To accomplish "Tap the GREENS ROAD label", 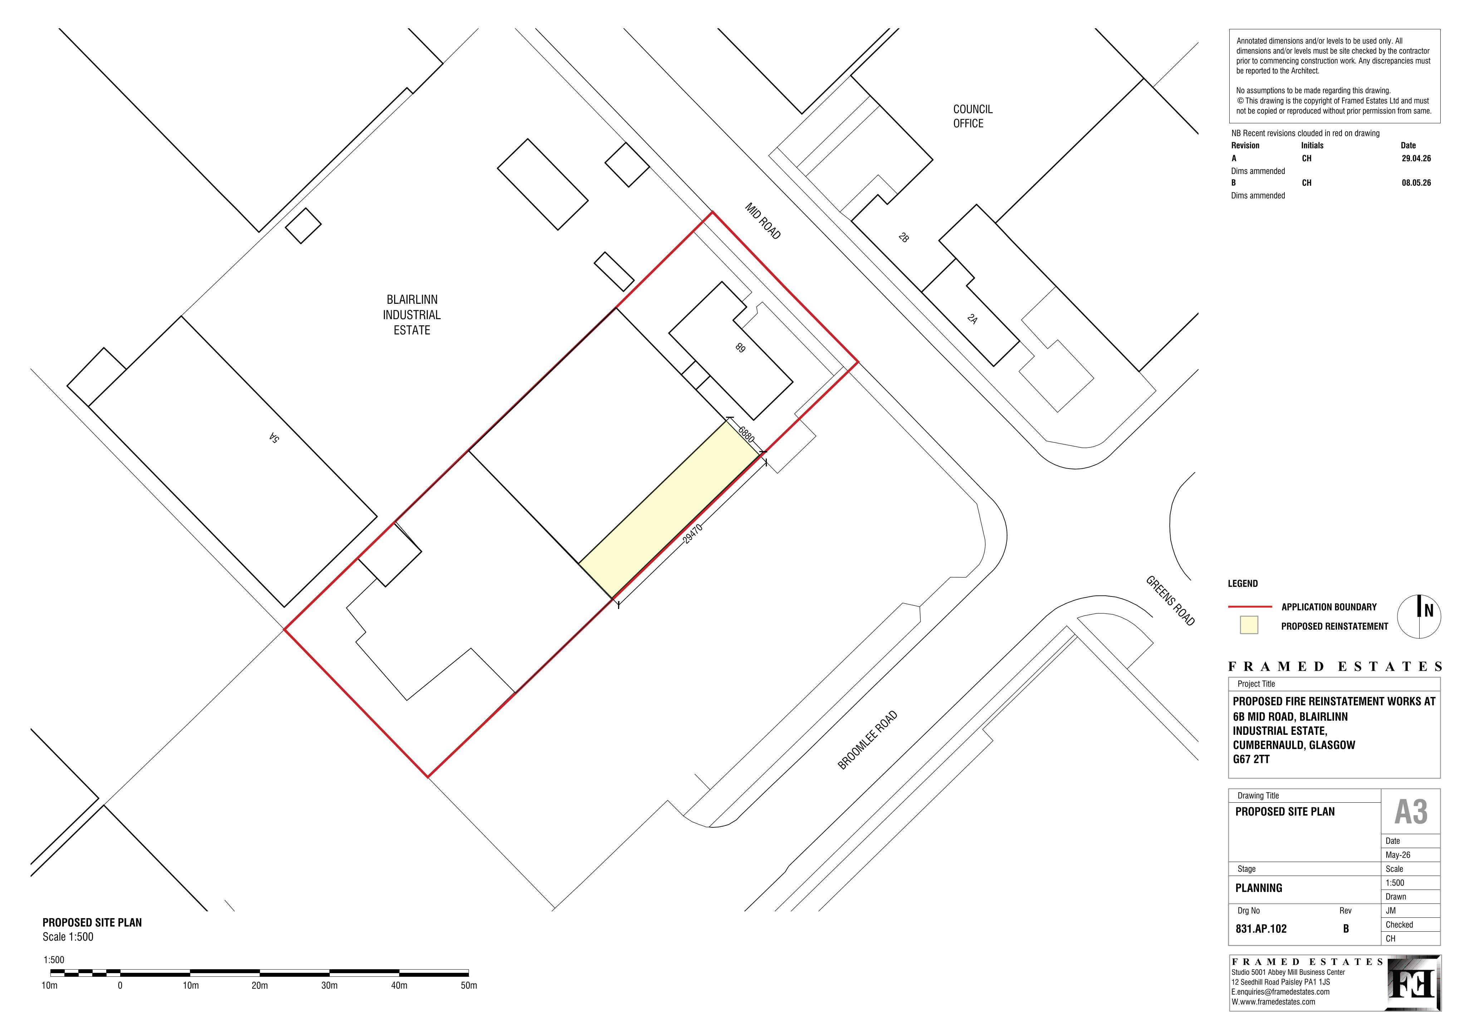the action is pos(1170,601).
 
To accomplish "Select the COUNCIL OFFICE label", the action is pos(972,116).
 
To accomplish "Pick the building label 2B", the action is pos(903,238).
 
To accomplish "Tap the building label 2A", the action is pos(972,319).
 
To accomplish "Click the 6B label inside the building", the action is pos(740,347).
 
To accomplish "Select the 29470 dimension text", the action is pos(692,533).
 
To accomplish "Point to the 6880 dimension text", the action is pos(746,434).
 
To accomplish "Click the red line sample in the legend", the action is pos(1249,606).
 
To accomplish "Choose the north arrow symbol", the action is pos(1419,616).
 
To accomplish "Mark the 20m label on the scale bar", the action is pos(260,985).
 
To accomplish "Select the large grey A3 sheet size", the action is pos(1411,812).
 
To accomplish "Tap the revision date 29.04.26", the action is pos(1416,158).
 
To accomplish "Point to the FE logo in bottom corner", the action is pos(1414,992).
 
